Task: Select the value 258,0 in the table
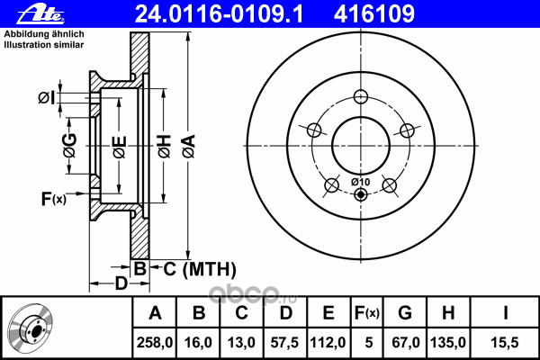155,341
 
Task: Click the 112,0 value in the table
329,341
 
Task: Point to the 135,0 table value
449,341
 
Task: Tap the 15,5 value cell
507,341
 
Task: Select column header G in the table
405,313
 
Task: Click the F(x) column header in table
366,313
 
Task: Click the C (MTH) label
200,268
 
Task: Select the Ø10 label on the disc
359,182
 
